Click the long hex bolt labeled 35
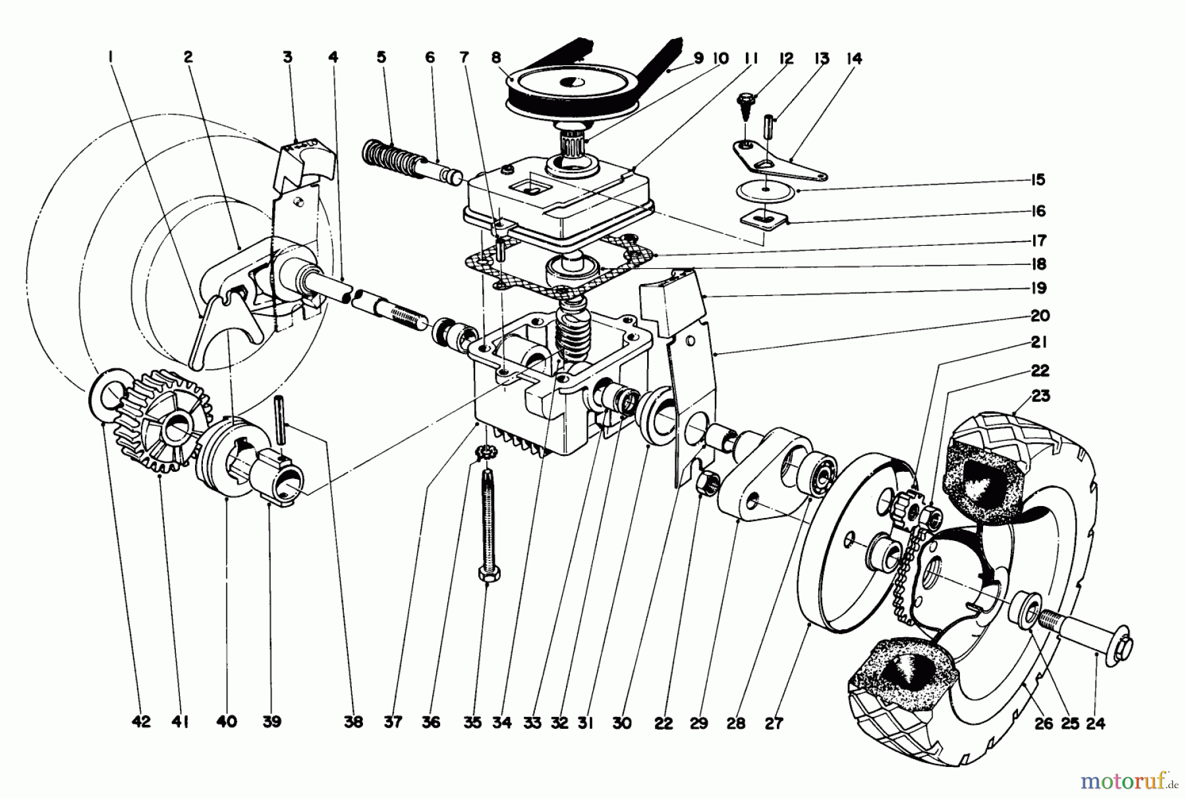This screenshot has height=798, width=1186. pyautogui.click(x=487, y=527)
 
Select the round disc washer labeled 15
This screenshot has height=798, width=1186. pyautogui.click(x=764, y=190)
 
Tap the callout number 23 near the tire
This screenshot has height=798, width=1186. pyautogui.click(x=1042, y=397)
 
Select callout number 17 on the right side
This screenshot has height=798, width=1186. pyautogui.click(x=1040, y=241)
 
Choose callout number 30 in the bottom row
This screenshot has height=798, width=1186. pyautogui.click(x=621, y=723)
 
